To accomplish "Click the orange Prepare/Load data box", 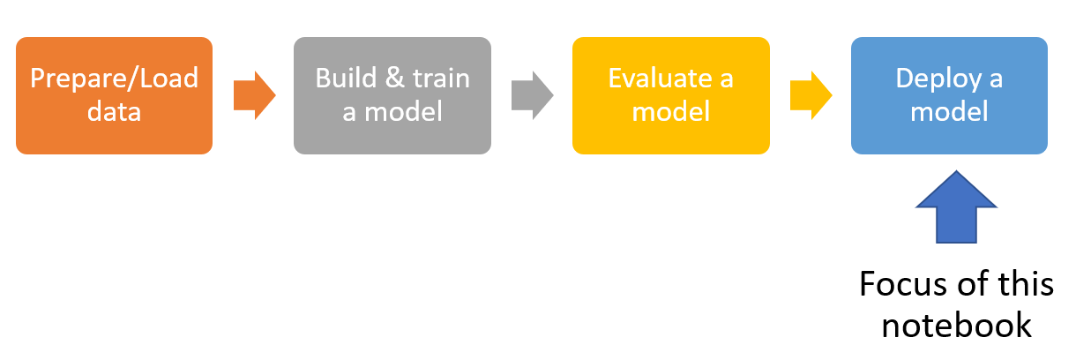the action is [115, 95].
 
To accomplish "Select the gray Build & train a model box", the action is [392, 95].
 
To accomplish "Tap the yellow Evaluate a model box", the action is [671, 95].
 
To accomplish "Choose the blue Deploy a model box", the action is [949, 95].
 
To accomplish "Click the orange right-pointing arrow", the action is [255, 95].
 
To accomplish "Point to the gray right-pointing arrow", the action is [533, 95].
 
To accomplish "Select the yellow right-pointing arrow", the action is [811, 95].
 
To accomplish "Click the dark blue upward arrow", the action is [956, 206].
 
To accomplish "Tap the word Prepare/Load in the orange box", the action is [115, 79].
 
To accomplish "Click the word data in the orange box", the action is [115, 112].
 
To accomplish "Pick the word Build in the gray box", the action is [346, 78].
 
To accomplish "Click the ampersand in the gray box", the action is [395, 78].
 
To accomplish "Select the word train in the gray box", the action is [442, 78].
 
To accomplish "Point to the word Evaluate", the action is [661, 78].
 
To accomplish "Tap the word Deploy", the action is [939, 79].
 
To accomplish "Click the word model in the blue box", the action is [949, 112].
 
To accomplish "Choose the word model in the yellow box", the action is [671, 112].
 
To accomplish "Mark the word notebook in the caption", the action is [957, 326].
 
